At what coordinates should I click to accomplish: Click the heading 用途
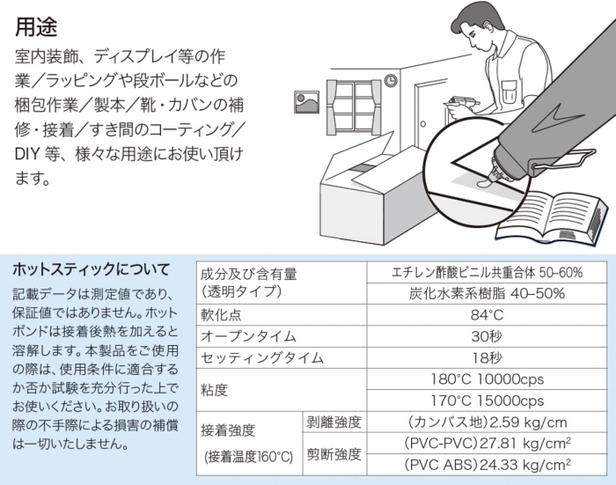36,27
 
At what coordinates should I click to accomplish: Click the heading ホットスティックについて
92,269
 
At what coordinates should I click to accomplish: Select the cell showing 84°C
487,315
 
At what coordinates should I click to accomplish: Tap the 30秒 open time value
487,336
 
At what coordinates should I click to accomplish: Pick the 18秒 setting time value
487,357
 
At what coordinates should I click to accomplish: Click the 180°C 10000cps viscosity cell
488,379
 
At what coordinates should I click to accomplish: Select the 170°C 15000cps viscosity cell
488,400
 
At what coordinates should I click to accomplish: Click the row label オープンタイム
248,336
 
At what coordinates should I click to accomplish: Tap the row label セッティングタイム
262,358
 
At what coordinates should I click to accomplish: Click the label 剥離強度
334,423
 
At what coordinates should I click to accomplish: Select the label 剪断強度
334,454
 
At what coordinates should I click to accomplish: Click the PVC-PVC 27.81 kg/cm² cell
488,444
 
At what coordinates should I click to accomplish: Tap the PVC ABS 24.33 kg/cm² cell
488,465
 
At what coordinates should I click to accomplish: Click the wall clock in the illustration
391,81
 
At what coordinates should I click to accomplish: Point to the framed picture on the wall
306,102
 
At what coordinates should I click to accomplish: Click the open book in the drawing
550,217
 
